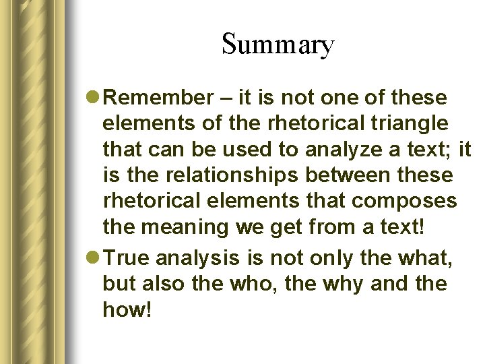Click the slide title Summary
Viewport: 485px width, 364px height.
[277, 44]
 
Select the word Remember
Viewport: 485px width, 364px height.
[159, 98]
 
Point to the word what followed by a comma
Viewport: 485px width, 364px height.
[418, 257]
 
